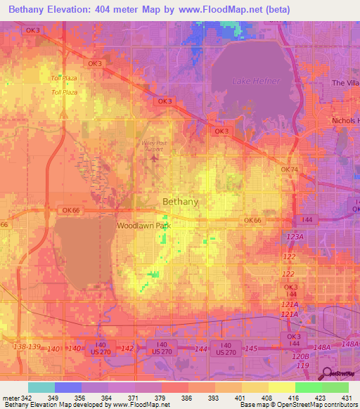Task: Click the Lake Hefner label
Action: tap(257, 82)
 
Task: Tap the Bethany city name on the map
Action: tap(180, 202)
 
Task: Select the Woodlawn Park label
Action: tap(144, 226)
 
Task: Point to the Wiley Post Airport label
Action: tap(148, 145)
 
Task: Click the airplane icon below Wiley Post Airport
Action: tap(154, 159)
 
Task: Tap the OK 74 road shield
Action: tap(290, 170)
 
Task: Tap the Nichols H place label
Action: tap(345, 120)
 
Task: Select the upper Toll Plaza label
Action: tap(63, 78)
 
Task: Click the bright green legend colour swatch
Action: tap(308, 387)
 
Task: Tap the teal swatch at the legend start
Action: tap(41, 387)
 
